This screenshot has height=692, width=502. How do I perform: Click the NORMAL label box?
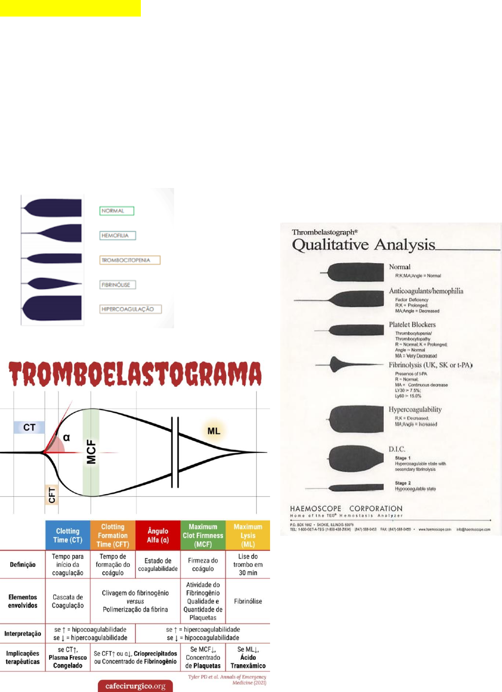coord(116,211)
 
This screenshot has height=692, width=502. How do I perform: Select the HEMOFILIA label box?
coord(117,236)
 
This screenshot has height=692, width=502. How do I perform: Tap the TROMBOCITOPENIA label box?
coord(130,260)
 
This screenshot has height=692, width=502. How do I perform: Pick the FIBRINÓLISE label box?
coord(117,285)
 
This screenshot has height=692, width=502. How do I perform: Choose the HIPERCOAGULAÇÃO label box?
coord(130,309)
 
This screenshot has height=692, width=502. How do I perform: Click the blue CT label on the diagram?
coord(29,428)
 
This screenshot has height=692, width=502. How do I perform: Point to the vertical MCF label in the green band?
coord(91,451)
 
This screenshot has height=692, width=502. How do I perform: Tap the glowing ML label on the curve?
coord(214,431)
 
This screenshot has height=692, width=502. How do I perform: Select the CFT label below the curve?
coord(52,495)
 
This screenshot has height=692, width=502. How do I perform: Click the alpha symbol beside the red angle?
coord(66,437)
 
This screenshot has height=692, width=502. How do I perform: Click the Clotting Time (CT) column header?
coord(68,535)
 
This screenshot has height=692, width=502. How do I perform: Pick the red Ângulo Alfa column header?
coord(158,535)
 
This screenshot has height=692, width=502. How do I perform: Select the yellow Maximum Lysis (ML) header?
coord(248,535)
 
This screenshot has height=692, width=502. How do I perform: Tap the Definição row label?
coord(22,564)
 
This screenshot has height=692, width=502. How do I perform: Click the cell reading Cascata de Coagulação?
coord(68,601)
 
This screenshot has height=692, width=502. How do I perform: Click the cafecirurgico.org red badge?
coord(135,686)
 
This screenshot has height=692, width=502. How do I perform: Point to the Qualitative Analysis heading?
coord(364,244)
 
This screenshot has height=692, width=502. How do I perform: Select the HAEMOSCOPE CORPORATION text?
coord(346,508)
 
